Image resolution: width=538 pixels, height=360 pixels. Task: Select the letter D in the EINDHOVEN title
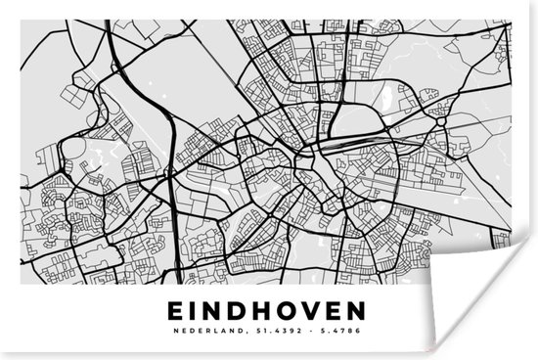pyautogui.click(x=247, y=311)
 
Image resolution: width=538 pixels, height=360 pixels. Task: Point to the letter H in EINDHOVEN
pyautogui.click(x=274, y=311)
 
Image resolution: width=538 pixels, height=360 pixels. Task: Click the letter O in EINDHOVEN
pyautogui.click(x=301, y=311)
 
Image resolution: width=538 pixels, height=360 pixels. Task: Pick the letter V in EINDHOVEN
pyautogui.click(x=327, y=311)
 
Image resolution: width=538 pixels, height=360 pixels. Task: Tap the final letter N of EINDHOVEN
pyautogui.click(x=378, y=311)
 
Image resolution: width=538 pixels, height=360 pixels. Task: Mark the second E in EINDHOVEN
pyautogui.click(x=351, y=311)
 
